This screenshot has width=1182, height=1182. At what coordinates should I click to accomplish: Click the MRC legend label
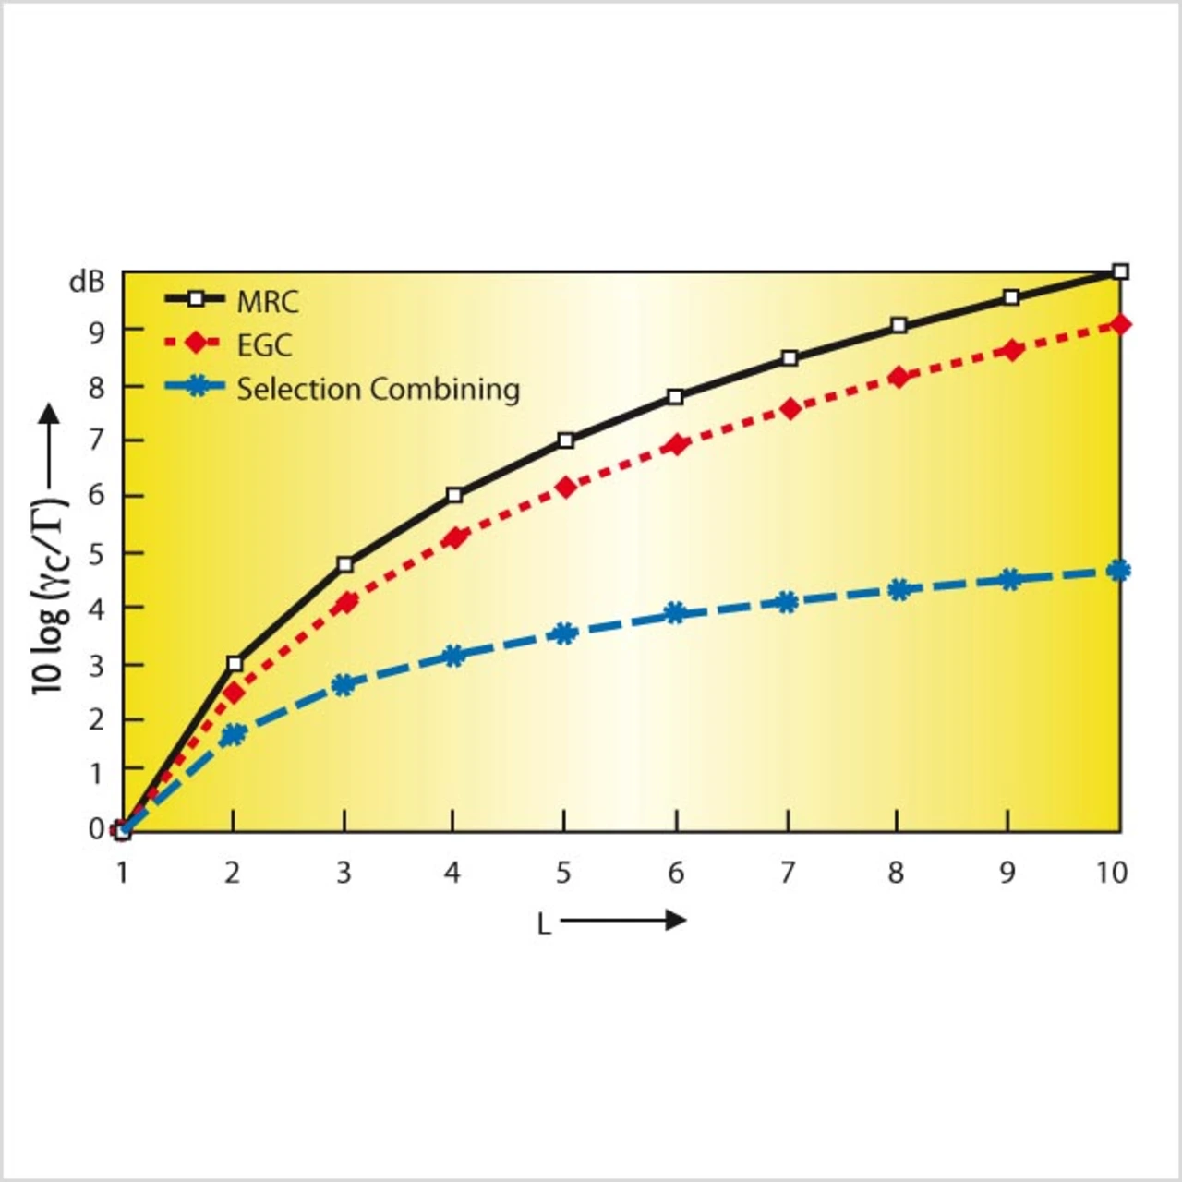(268, 301)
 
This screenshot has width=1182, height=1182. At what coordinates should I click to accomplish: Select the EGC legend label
(264, 344)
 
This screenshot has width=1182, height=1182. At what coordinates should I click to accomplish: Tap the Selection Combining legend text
(378, 389)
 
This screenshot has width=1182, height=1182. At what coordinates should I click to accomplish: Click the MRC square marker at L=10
(1120, 271)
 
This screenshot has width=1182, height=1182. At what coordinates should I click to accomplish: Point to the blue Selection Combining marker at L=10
(1118, 571)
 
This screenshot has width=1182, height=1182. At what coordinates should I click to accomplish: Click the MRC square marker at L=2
(234, 663)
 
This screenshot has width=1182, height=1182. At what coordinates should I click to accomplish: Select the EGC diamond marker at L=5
(565, 487)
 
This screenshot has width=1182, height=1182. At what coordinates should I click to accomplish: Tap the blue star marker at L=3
(344, 684)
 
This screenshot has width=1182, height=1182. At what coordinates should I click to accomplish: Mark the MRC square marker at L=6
(675, 397)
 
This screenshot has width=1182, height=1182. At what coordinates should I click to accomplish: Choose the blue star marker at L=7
(786, 602)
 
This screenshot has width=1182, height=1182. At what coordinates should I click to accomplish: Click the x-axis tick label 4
(452, 872)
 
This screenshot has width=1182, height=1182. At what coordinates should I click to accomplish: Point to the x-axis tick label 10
(1112, 872)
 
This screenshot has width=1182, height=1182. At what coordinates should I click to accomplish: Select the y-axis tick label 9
(96, 332)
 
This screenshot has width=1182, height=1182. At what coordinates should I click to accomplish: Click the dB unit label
(87, 282)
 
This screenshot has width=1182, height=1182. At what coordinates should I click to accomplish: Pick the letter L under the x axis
(544, 923)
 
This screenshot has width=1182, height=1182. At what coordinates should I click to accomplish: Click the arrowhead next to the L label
(676, 920)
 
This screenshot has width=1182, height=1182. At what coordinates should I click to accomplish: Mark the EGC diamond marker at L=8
(898, 377)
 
